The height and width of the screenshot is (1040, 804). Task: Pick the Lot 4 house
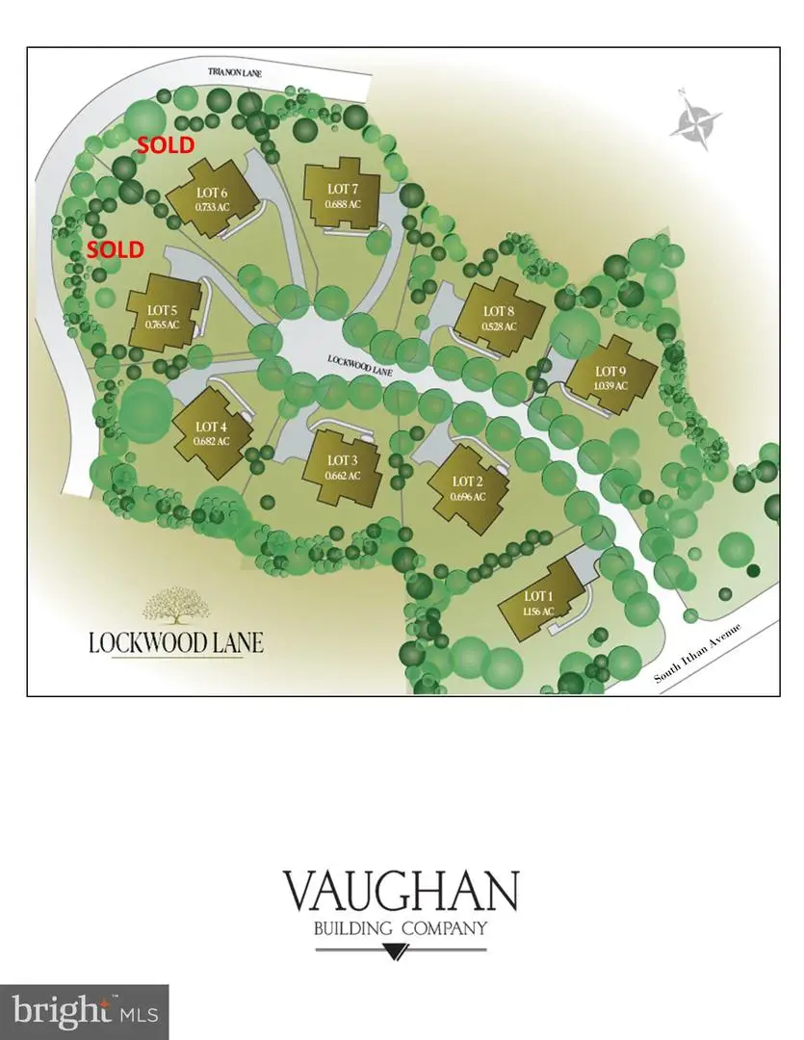pos(211,434)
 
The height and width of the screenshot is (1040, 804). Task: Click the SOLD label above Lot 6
pos(165,145)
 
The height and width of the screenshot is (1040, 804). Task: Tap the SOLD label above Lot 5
pos(115,249)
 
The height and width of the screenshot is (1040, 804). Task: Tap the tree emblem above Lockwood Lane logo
pos(176,607)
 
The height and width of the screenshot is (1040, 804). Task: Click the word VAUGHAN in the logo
pos(401,892)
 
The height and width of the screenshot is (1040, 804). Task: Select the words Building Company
pos(401,929)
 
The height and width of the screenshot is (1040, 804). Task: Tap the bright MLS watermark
pos(85,1011)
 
